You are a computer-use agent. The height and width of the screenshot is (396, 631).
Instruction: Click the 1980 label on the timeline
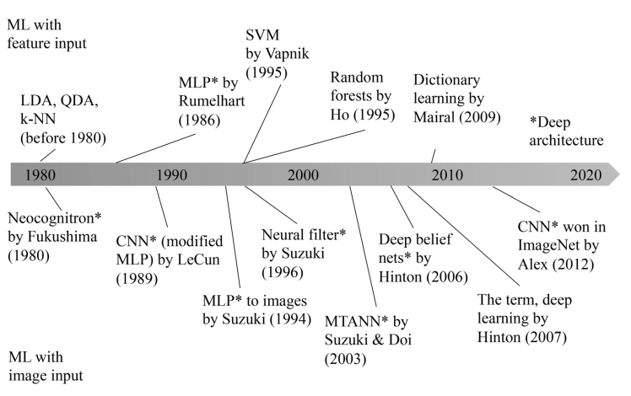pyautogui.click(x=41, y=175)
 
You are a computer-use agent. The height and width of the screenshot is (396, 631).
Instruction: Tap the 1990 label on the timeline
pyautogui.click(x=172, y=175)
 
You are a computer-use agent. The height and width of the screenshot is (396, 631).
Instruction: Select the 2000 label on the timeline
pyautogui.click(x=301, y=175)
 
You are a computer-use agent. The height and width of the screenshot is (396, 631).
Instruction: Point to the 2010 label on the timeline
pyautogui.click(x=446, y=175)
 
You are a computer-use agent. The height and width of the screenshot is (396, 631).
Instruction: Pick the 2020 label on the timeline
pyautogui.click(x=585, y=175)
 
